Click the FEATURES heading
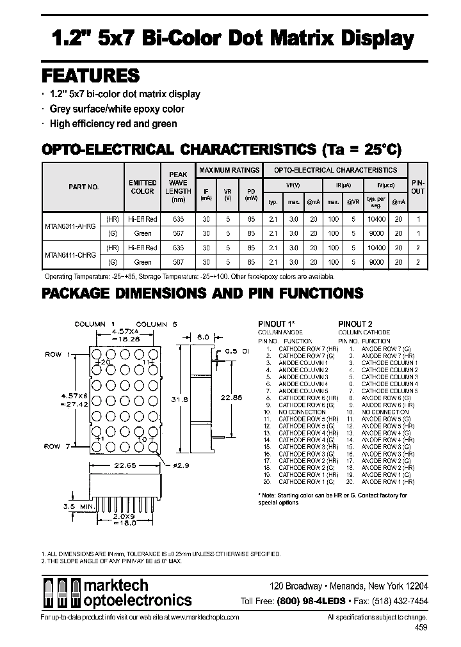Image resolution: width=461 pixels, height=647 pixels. (90, 75)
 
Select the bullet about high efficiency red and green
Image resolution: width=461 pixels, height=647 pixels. (113, 123)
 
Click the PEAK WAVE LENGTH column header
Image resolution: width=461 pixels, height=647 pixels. (177, 187)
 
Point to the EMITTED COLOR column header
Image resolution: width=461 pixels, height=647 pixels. (142, 187)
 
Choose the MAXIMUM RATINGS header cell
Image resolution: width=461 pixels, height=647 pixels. (229, 170)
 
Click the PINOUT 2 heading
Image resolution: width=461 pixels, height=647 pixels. (355, 324)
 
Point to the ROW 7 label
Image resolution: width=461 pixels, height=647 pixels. (56, 446)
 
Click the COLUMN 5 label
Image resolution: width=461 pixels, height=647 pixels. (152, 324)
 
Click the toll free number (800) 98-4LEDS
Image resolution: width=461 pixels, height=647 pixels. (311, 601)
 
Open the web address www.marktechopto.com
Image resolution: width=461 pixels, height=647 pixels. (206, 618)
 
